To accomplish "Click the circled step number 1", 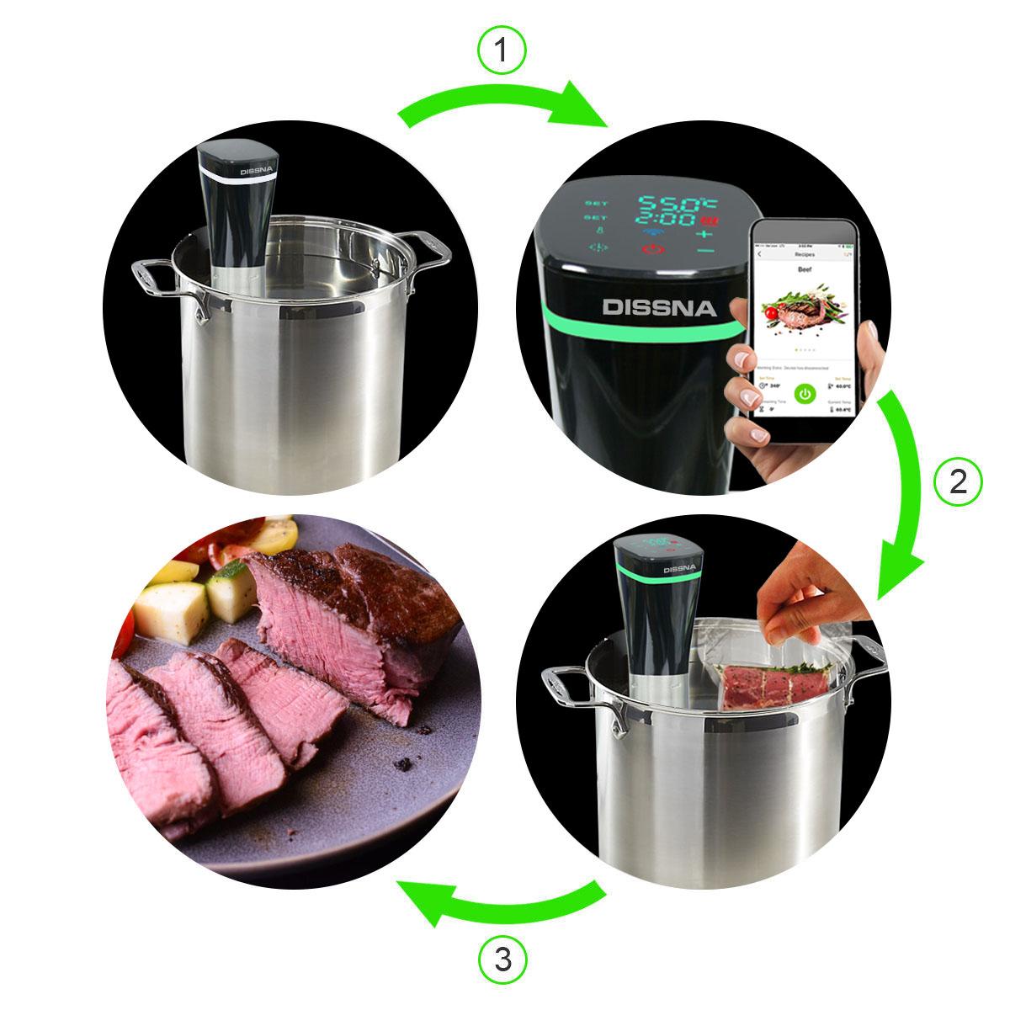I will [x=502, y=51].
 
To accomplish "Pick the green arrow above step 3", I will [x=497, y=901].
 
